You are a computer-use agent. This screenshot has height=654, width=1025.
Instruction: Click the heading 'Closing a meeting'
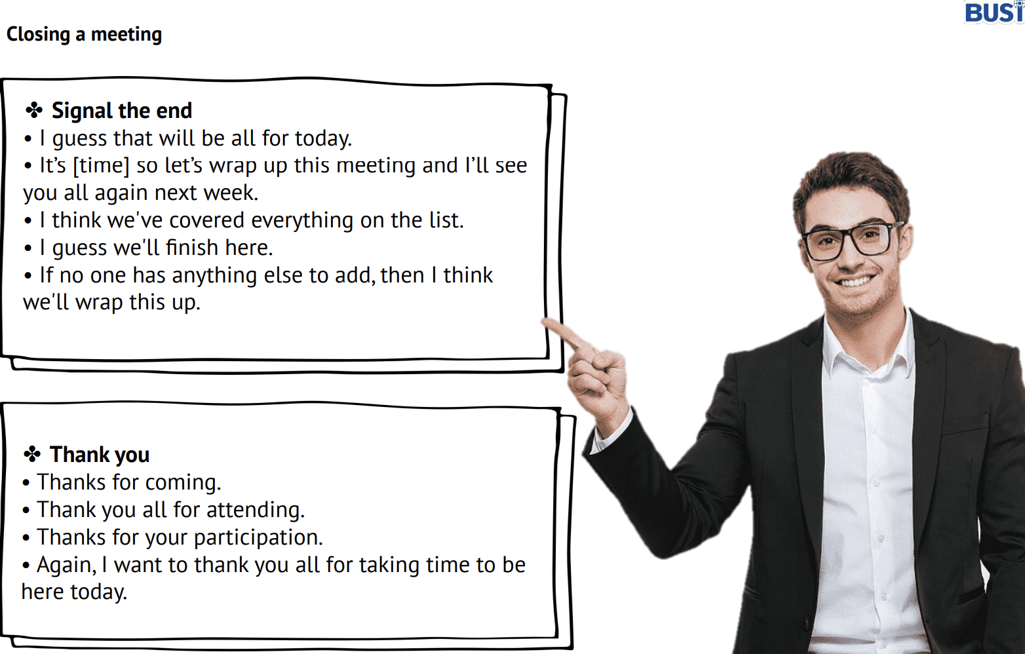coord(84,35)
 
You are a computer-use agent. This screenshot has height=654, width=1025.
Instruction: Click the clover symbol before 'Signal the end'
coord(34,110)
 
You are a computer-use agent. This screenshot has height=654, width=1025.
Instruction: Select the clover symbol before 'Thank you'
coord(32,455)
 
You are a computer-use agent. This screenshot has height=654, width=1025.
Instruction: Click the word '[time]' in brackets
coord(101,166)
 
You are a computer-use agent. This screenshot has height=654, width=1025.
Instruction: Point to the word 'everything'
coord(302,221)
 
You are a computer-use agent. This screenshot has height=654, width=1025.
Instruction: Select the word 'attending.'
coord(256,510)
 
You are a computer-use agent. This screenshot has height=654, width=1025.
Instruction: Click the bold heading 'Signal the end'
coord(122,111)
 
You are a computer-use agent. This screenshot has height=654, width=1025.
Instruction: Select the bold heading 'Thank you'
coord(100,455)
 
